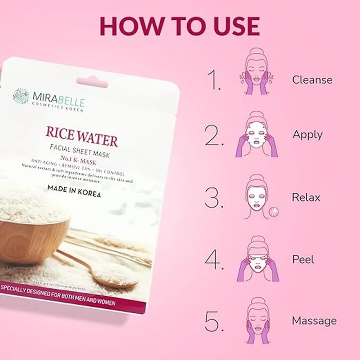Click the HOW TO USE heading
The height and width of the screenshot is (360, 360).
coord(180,25)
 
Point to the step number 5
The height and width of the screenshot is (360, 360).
coord(214,321)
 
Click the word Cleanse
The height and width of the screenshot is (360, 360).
coord(312,80)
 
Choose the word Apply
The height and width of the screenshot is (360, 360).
coord(307,135)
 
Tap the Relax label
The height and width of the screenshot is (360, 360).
coord(306,197)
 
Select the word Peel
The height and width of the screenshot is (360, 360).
coord(303,259)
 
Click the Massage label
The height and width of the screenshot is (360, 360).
coord(314,321)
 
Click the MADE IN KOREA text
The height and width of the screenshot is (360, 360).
coord(74,191)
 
